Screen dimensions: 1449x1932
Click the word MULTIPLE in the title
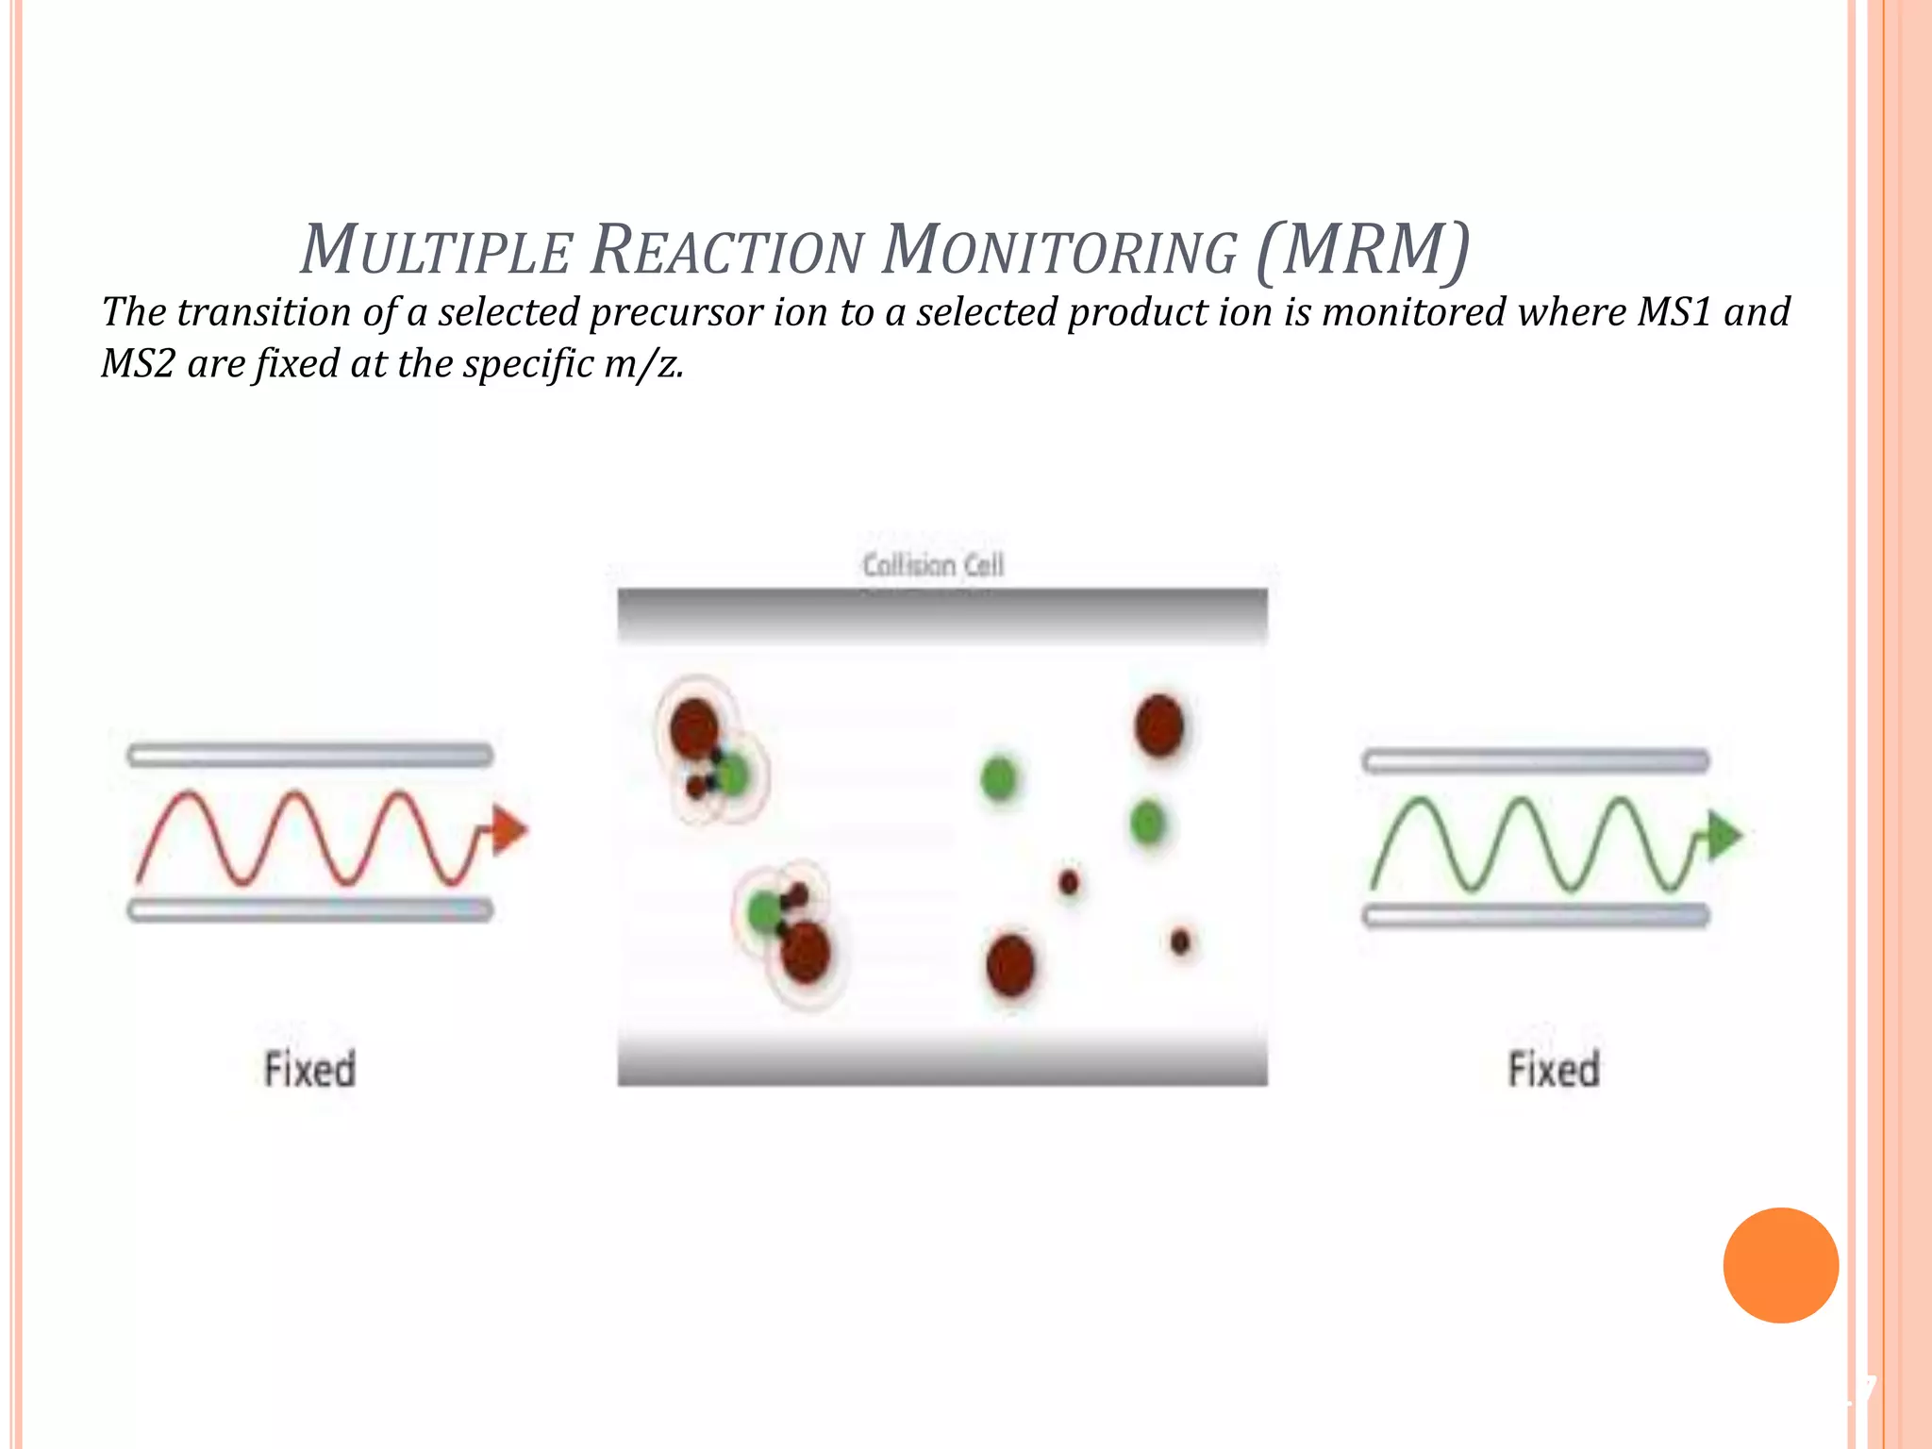436,250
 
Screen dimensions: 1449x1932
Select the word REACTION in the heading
726,250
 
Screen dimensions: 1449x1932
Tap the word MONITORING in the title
1058,250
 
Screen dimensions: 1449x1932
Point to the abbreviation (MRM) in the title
1362,250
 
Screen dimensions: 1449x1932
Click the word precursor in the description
675,312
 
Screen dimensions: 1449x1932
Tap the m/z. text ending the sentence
643,364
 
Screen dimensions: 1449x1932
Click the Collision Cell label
933,565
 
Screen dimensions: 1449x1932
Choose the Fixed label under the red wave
309,1070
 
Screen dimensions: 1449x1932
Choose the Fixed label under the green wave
1554,1070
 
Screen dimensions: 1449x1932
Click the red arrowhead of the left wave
509,830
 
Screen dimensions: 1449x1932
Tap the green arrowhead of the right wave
1724,836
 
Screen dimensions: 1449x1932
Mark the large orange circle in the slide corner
1780,1265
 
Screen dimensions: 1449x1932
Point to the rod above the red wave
309,755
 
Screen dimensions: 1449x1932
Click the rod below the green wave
1536,915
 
